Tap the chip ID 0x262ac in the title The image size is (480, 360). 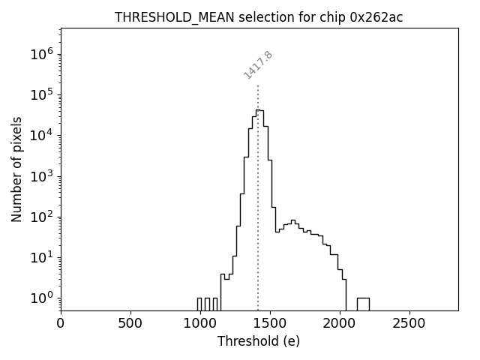click(x=376, y=17)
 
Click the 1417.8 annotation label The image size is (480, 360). click(x=258, y=65)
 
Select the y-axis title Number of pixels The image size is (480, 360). click(x=16, y=169)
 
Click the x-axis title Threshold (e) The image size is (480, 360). click(x=259, y=341)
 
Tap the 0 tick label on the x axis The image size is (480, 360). click(x=61, y=323)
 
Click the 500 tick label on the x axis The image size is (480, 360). click(x=130, y=323)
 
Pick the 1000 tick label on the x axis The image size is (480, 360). click(x=200, y=323)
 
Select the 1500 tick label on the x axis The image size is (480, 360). click(x=270, y=323)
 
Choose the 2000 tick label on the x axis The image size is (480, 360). click(x=340, y=323)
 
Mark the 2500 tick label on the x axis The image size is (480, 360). click(x=409, y=323)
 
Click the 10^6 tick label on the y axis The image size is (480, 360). click(x=41, y=54)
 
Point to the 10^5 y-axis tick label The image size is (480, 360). click(x=41, y=94)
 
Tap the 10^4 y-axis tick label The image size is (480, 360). click(x=41, y=135)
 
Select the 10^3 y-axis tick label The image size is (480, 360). click(x=41, y=176)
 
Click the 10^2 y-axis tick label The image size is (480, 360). click(x=41, y=217)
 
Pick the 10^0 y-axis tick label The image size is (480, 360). click(x=41, y=298)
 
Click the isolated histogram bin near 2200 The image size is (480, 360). click(x=363, y=304)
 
